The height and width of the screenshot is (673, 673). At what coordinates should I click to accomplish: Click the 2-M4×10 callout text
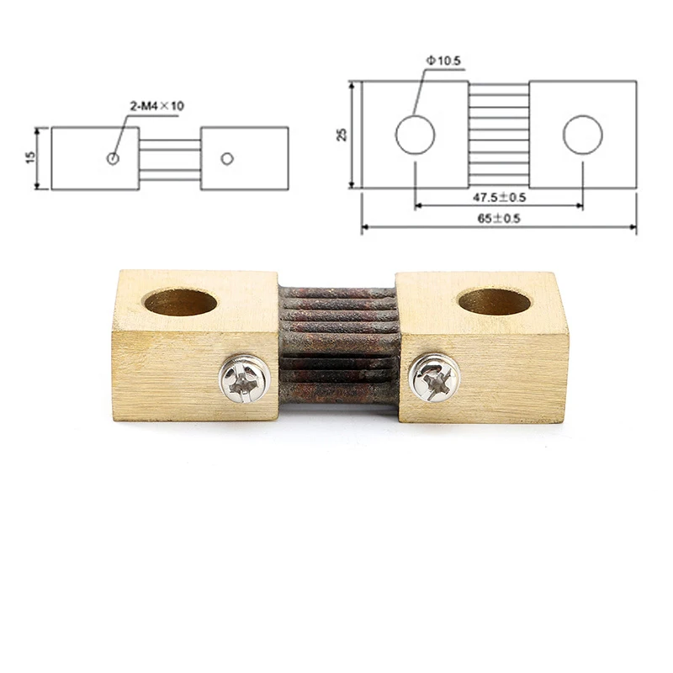point(157,106)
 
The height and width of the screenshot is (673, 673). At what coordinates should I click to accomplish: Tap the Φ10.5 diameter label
point(443,61)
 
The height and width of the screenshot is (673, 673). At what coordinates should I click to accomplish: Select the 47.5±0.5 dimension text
point(499,198)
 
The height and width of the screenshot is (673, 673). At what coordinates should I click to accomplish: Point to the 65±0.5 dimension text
point(499,219)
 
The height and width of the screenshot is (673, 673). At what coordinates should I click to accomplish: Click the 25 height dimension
point(342,135)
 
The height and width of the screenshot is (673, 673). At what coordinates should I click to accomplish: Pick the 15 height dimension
point(30,157)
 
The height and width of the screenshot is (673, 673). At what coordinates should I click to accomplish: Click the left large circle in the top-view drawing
point(415,135)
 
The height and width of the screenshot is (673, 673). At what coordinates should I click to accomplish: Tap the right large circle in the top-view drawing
point(582,135)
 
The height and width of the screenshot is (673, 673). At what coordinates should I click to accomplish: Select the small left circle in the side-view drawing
point(113,158)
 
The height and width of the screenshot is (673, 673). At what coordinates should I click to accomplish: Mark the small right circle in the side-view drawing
point(227,158)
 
